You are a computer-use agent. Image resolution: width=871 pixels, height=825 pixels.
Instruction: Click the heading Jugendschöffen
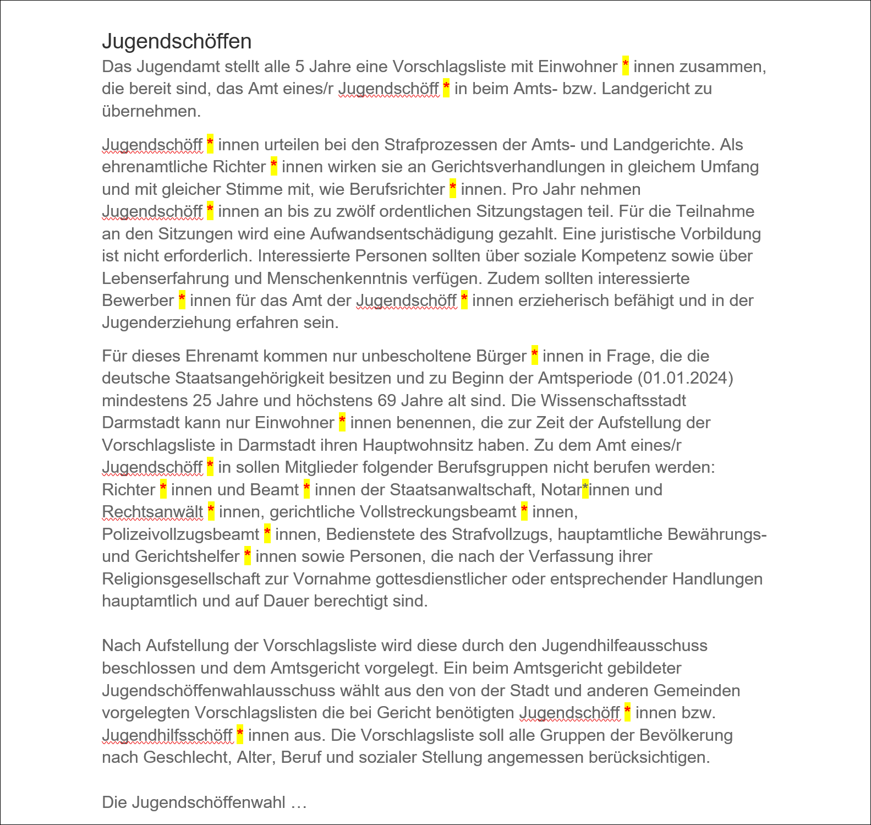click(x=177, y=42)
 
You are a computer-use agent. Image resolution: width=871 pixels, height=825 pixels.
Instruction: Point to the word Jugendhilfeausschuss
click(x=625, y=646)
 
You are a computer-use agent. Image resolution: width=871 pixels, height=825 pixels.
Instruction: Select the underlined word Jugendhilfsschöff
click(x=167, y=735)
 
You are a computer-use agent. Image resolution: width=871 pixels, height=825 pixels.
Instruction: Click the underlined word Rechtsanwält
click(x=152, y=512)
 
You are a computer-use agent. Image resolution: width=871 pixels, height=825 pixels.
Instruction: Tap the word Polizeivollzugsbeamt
click(x=180, y=534)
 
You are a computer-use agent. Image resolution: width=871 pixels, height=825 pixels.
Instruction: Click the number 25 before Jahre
click(x=202, y=401)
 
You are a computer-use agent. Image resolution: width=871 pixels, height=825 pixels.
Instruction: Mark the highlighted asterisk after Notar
click(x=585, y=489)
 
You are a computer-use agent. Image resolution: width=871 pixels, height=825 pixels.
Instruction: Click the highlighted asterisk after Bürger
click(x=534, y=356)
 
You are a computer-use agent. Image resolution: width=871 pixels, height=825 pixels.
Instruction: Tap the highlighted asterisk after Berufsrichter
click(x=453, y=189)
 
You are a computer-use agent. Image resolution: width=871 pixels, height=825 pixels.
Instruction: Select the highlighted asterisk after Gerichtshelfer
click(x=248, y=556)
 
